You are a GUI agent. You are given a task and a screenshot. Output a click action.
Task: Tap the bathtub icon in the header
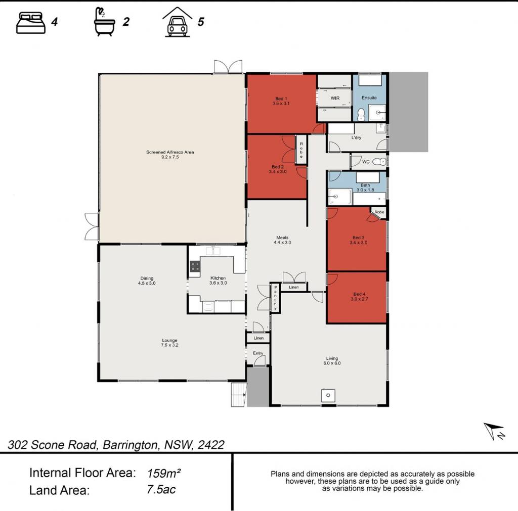pos(104,22)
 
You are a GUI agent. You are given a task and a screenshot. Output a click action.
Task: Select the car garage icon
pos(178,22)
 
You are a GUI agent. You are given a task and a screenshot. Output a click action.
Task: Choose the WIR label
pos(335,98)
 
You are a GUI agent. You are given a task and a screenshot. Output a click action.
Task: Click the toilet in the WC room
pos(379,162)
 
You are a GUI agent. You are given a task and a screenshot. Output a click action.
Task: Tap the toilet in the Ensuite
pos(361,114)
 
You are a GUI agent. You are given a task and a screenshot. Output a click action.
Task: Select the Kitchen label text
pos(218,278)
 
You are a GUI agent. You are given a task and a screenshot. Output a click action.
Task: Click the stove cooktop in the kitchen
pos(195,266)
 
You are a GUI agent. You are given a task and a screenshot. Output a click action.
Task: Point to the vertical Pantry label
pos(275,298)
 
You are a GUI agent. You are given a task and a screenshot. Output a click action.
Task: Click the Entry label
pos(258,353)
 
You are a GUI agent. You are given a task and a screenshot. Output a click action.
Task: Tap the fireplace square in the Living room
pos(328,395)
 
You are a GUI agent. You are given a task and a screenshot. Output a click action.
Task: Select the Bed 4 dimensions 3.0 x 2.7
pos(359,299)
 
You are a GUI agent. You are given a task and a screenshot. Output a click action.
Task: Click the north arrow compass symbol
pos(494,431)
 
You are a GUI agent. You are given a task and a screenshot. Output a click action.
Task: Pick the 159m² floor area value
pos(164,474)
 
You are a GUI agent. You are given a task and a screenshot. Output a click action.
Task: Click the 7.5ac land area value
pos(161,490)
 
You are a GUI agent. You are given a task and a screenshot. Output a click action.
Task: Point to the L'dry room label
pos(356,137)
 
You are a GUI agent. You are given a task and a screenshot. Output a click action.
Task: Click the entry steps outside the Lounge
pos(239,395)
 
